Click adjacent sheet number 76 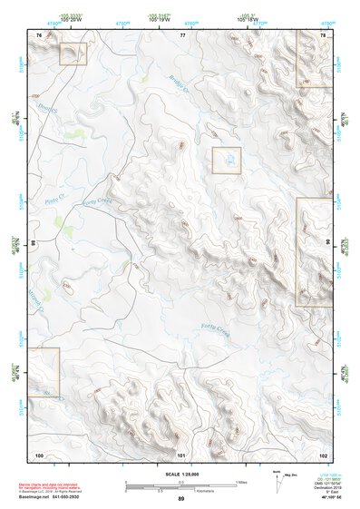[39, 34]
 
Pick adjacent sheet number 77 [182, 34]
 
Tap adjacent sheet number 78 [324, 34]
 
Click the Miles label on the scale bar [241, 482]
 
